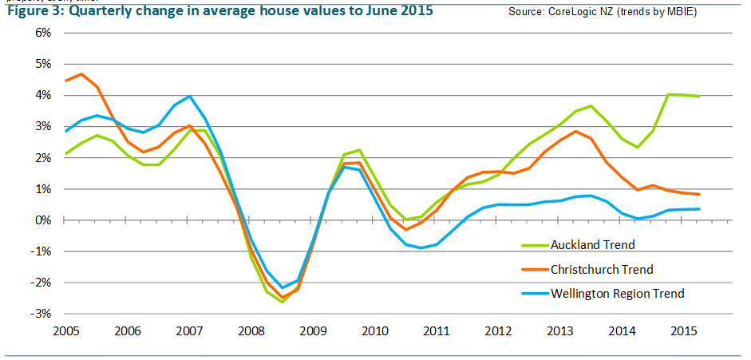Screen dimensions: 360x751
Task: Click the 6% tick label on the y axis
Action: (x=41, y=33)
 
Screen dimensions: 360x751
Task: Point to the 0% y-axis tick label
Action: (x=41, y=220)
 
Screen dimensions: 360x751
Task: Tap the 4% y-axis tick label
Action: (x=41, y=95)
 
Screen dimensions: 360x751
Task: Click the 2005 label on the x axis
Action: (x=65, y=330)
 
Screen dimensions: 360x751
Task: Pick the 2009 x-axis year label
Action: (x=312, y=330)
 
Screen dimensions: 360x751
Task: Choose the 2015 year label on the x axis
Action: (x=683, y=330)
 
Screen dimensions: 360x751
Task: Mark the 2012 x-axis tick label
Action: (x=498, y=330)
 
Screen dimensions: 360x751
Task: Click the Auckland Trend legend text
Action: (x=591, y=245)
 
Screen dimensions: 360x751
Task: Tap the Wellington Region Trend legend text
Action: (x=617, y=293)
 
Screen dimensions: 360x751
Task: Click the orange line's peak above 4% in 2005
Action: (x=81, y=74)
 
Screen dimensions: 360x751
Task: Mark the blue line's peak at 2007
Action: (x=189, y=97)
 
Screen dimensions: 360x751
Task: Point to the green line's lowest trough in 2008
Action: (x=282, y=302)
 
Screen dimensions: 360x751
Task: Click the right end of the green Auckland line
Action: (x=700, y=97)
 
